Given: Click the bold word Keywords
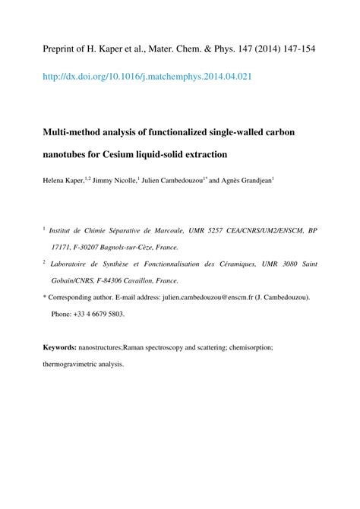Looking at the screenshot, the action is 58,346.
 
